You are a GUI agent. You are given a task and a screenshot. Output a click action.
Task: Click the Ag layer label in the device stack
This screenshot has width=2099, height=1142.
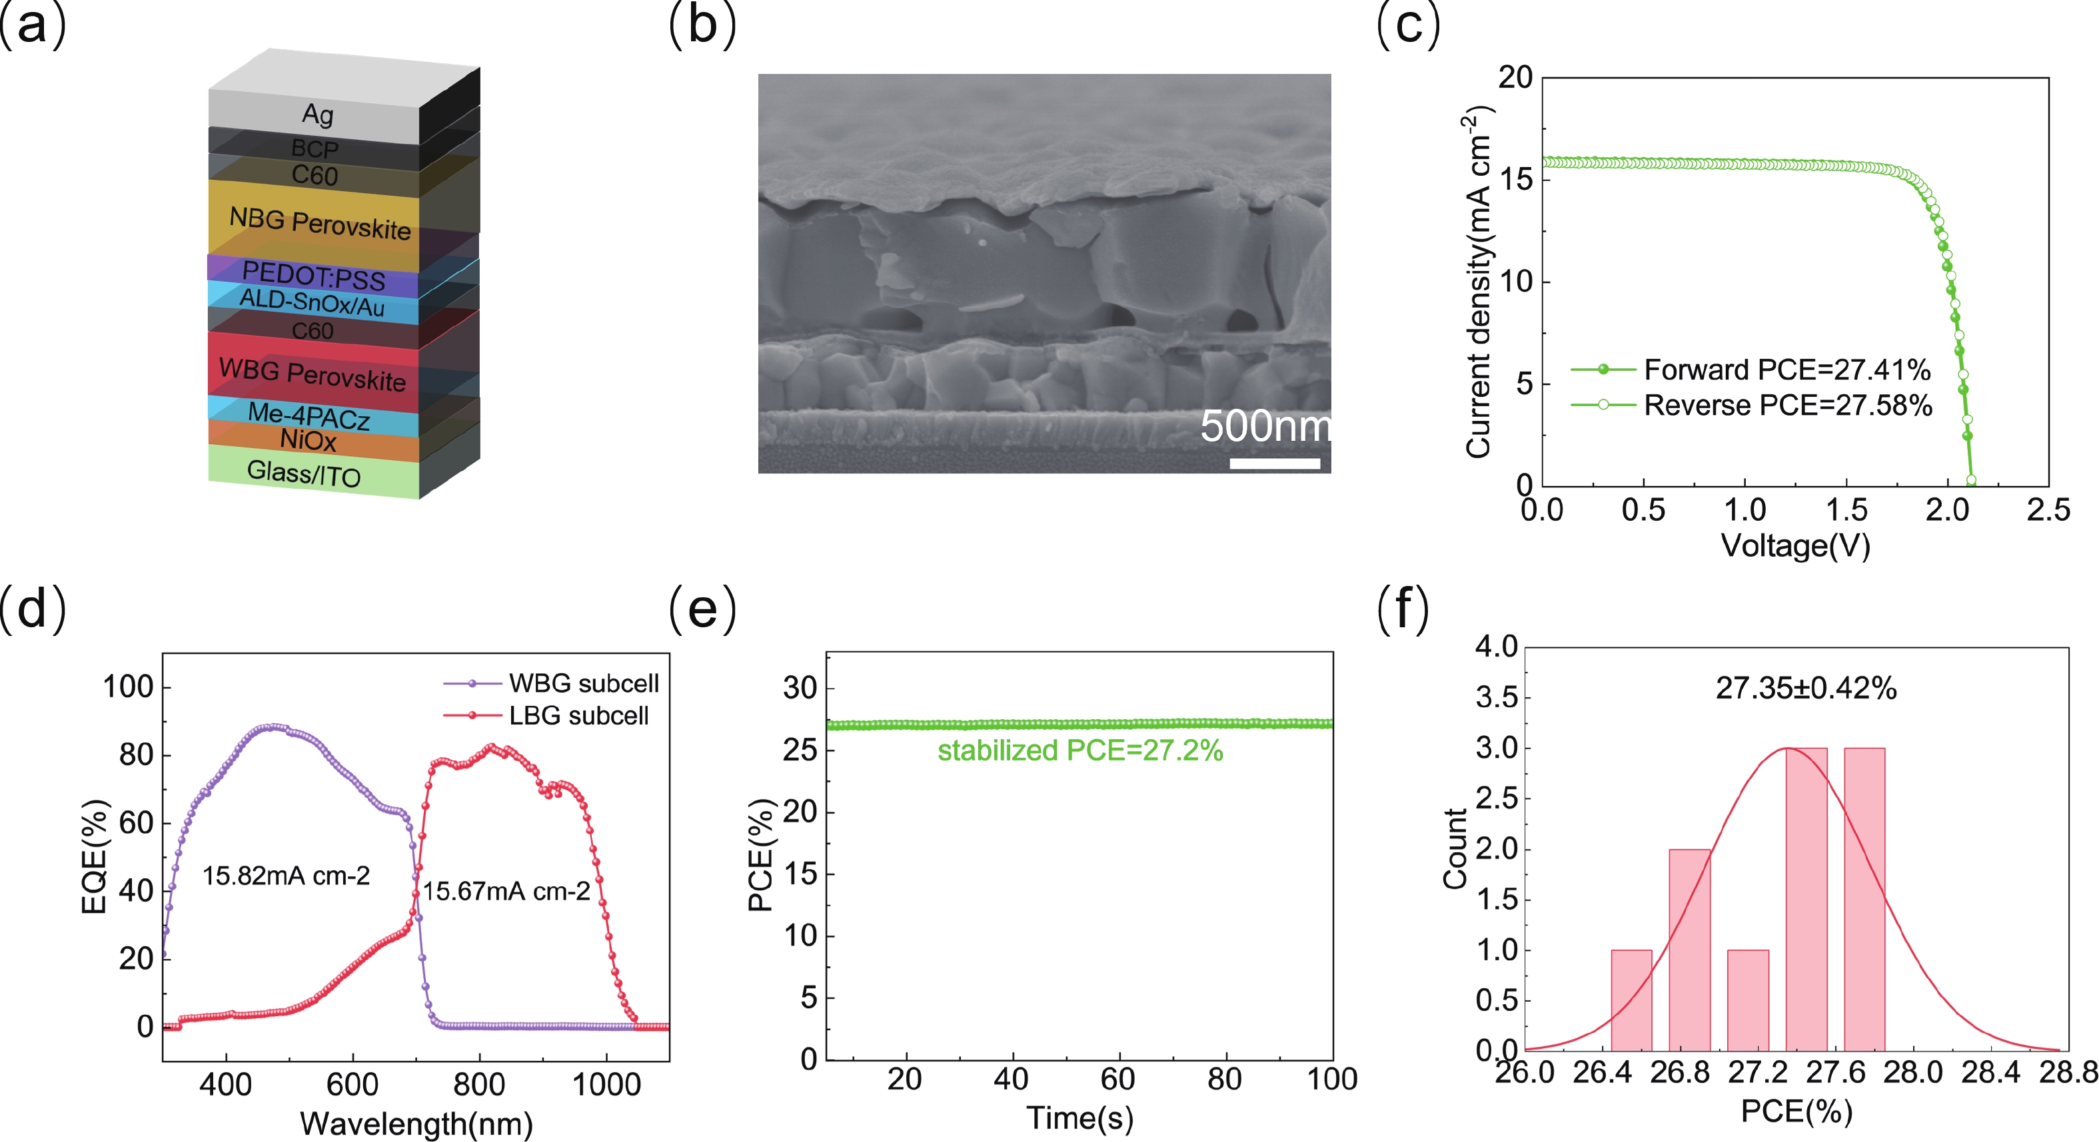coord(317,114)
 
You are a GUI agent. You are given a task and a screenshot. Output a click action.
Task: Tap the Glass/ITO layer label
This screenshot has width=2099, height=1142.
coord(303,472)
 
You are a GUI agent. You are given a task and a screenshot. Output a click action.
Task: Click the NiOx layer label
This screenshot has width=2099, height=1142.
coord(308,440)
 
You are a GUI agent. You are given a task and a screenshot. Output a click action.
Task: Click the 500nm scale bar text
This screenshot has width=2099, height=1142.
coord(1265,426)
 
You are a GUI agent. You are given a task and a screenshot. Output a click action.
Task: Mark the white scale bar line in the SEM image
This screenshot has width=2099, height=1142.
coord(1274,463)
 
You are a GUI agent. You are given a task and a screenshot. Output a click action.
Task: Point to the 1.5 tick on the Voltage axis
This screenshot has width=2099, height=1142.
coord(1846,511)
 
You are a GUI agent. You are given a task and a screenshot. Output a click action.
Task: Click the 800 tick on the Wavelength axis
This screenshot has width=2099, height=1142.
coord(479,1084)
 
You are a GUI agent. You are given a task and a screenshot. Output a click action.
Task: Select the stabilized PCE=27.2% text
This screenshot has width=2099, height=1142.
coord(1079,750)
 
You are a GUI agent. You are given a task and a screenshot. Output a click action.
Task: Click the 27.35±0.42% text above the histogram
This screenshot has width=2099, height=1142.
coord(1806,689)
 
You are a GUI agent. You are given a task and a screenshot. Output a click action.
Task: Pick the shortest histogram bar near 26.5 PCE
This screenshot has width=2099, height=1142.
coord(1631,1000)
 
